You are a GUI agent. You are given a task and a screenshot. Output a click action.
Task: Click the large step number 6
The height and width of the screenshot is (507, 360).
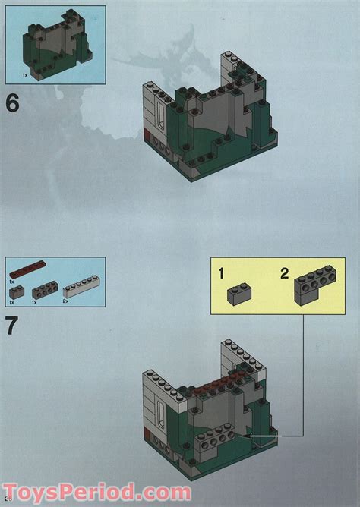[x=13, y=102]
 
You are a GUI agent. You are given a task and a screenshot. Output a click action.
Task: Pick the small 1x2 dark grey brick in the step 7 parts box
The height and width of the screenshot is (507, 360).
[x=17, y=289]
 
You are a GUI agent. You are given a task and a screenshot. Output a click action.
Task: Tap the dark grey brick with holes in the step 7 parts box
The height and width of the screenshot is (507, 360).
[x=45, y=289]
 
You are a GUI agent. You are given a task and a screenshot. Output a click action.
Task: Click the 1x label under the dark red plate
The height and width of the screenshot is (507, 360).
[x=11, y=280]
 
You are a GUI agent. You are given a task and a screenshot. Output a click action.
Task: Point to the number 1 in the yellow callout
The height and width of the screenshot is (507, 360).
[x=221, y=274]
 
